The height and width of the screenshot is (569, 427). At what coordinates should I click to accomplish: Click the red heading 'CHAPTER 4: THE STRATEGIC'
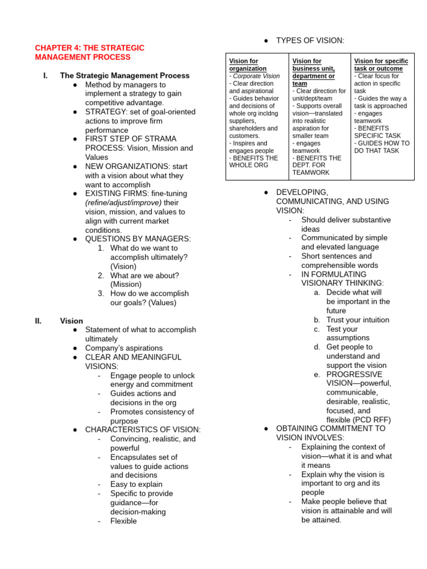click(x=90, y=48)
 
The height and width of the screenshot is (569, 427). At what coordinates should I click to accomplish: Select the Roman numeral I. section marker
click(x=45, y=76)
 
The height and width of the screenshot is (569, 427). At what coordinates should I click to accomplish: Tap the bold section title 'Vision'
click(x=71, y=321)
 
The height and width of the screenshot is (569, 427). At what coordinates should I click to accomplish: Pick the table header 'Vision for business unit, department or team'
click(x=314, y=72)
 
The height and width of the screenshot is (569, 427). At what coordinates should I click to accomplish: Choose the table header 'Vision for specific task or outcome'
click(x=381, y=64)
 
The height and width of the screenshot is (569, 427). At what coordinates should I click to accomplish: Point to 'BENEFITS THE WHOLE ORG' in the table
click(x=254, y=162)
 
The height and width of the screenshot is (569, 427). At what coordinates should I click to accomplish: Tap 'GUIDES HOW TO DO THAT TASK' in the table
click(x=381, y=147)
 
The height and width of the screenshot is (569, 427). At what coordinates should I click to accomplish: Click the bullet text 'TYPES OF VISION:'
click(x=310, y=41)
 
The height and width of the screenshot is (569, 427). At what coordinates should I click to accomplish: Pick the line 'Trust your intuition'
click(x=358, y=320)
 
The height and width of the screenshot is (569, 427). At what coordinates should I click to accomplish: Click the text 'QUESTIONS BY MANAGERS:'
click(x=137, y=239)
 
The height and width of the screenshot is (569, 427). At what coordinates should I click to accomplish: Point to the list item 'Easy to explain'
click(x=136, y=485)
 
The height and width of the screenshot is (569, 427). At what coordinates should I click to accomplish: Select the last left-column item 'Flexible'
click(x=123, y=521)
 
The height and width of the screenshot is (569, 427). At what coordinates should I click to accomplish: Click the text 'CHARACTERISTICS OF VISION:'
click(x=143, y=430)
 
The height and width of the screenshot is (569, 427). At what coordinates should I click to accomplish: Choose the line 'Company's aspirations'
click(x=124, y=348)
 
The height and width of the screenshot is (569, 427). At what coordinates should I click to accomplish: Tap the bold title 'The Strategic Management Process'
click(x=125, y=76)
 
